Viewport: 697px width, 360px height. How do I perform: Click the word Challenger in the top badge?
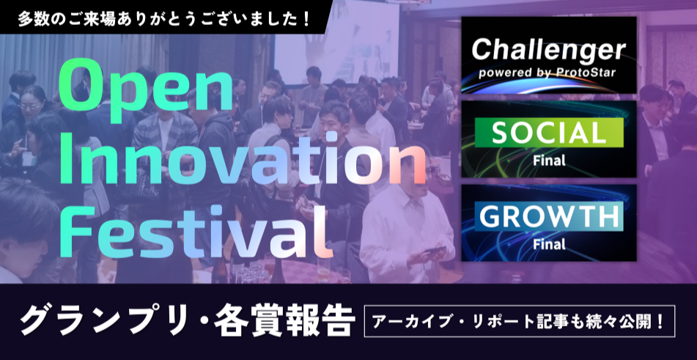click(x=548, y=51)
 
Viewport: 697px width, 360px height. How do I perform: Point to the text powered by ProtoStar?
click(x=548, y=73)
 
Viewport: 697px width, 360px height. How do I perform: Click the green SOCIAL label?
click(x=548, y=133)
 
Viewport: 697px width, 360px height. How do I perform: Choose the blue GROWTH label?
click(x=548, y=217)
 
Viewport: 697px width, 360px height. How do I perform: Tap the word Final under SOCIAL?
click(x=548, y=161)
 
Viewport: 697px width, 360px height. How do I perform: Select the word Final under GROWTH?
click(x=548, y=244)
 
